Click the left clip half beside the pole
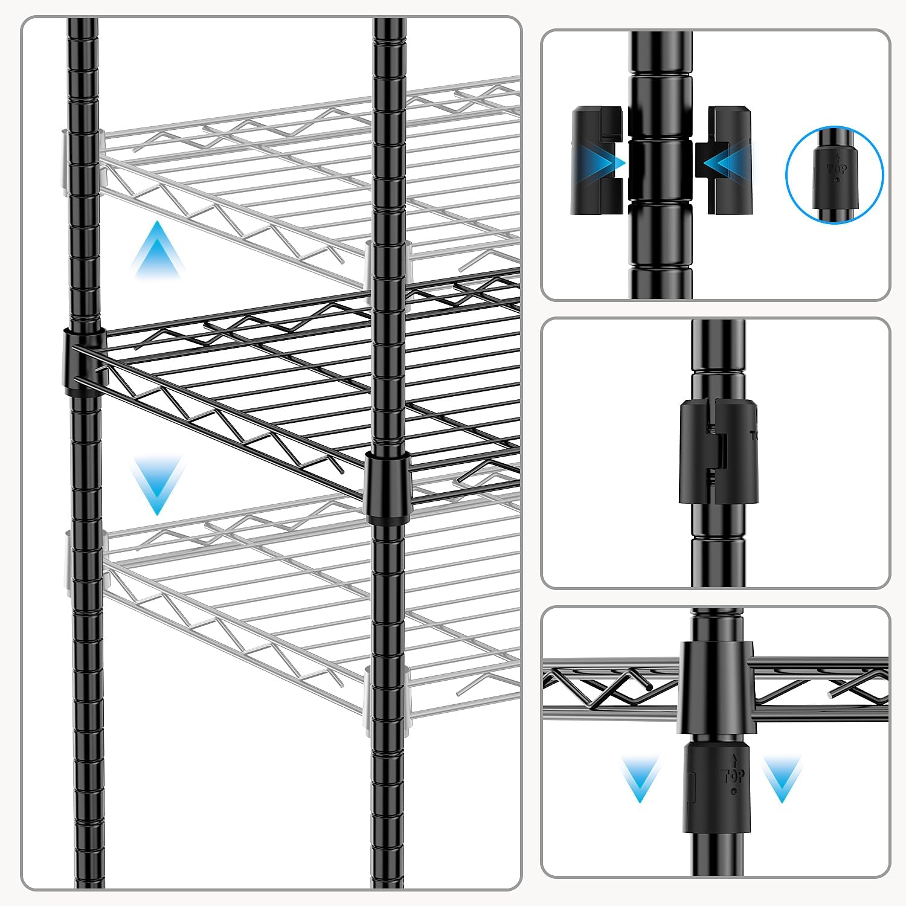596,160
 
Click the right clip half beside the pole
728,160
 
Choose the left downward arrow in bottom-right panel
640,779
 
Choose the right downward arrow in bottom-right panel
782,779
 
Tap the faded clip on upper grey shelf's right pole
387,272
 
